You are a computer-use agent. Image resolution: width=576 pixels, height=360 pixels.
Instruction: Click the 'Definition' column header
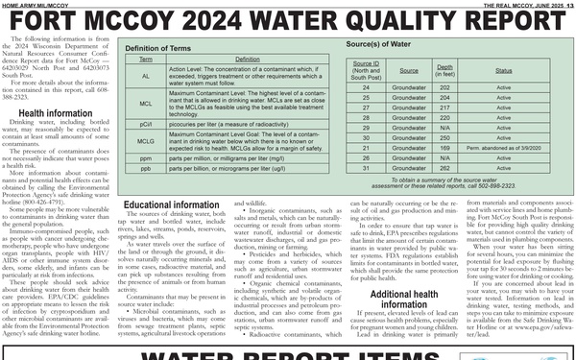(x=221, y=59)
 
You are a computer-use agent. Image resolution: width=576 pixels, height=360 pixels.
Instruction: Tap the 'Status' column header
(x=504, y=70)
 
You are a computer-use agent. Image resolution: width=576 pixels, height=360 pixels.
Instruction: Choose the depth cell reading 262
(x=444, y=169)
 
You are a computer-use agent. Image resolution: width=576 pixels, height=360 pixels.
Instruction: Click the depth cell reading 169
(x=444, y=148)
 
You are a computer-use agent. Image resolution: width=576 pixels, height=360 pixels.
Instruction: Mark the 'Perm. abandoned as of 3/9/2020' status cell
(x=504, y=148)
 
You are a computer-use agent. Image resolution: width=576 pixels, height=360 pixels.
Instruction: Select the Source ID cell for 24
(x=367, y=88)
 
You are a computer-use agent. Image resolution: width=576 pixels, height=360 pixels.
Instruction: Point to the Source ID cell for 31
(x=367, y=169)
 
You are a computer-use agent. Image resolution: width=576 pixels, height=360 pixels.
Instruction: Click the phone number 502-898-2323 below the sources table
(x=496, y=186)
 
